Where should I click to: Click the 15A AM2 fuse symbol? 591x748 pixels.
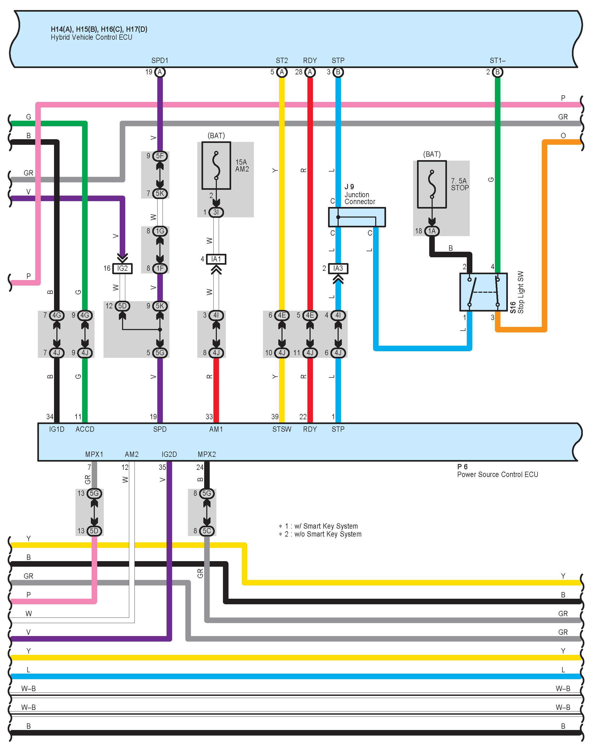(216, 166)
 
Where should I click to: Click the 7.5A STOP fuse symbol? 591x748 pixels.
(432, 184)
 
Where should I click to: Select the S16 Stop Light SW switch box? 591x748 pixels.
(483, 292)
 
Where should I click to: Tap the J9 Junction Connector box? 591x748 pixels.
(357, 217)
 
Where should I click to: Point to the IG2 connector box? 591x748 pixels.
(122, 268)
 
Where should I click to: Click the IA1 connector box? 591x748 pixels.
(216, 259)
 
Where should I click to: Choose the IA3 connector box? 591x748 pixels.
(338, 268)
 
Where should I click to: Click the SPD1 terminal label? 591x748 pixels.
(160, 61)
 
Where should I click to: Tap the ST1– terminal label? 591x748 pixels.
(498, 61)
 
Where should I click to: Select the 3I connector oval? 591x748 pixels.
(216, 212)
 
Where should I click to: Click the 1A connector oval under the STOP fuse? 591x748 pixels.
(432, 231)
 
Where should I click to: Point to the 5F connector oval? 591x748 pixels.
(160, 156)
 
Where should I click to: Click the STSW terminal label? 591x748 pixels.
(282, 429)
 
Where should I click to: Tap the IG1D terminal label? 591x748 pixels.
(57, 429)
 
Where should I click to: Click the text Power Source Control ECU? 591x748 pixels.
(498, 475)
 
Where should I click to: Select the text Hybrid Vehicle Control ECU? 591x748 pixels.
(91, 37)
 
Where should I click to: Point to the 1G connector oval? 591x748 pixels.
(160, 231)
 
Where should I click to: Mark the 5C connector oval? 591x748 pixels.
(207, 531)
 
